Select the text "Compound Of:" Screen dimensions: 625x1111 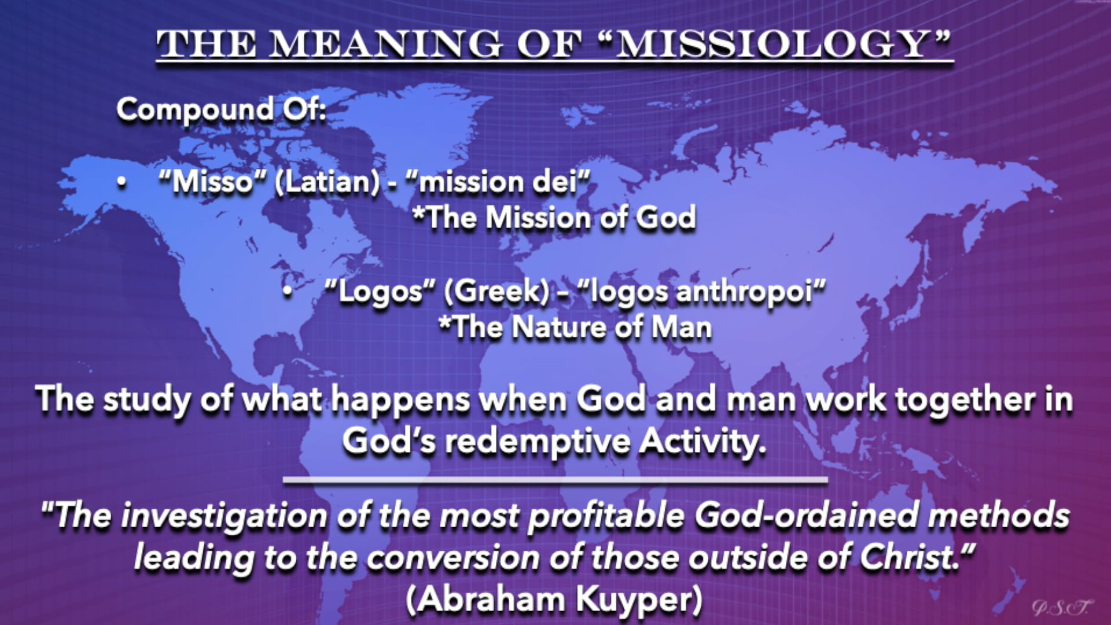coord(221,109)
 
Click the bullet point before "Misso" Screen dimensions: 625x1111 coord(122,183)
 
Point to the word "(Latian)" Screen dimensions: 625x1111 coord(327,183)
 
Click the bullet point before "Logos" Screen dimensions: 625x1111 coord(288,292)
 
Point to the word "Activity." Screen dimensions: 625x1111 coord(703,442)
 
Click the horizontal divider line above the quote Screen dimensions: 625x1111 coord(555,480)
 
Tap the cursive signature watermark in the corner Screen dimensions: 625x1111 coord(1062,606)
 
